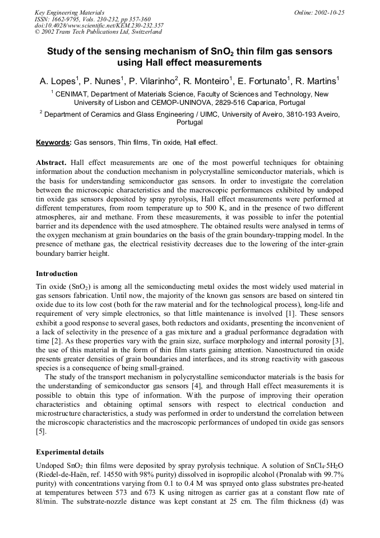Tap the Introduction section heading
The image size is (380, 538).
[x=57, y=274]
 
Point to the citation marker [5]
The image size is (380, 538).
[x=41, y=432]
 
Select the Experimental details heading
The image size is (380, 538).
[x=69, y=452]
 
